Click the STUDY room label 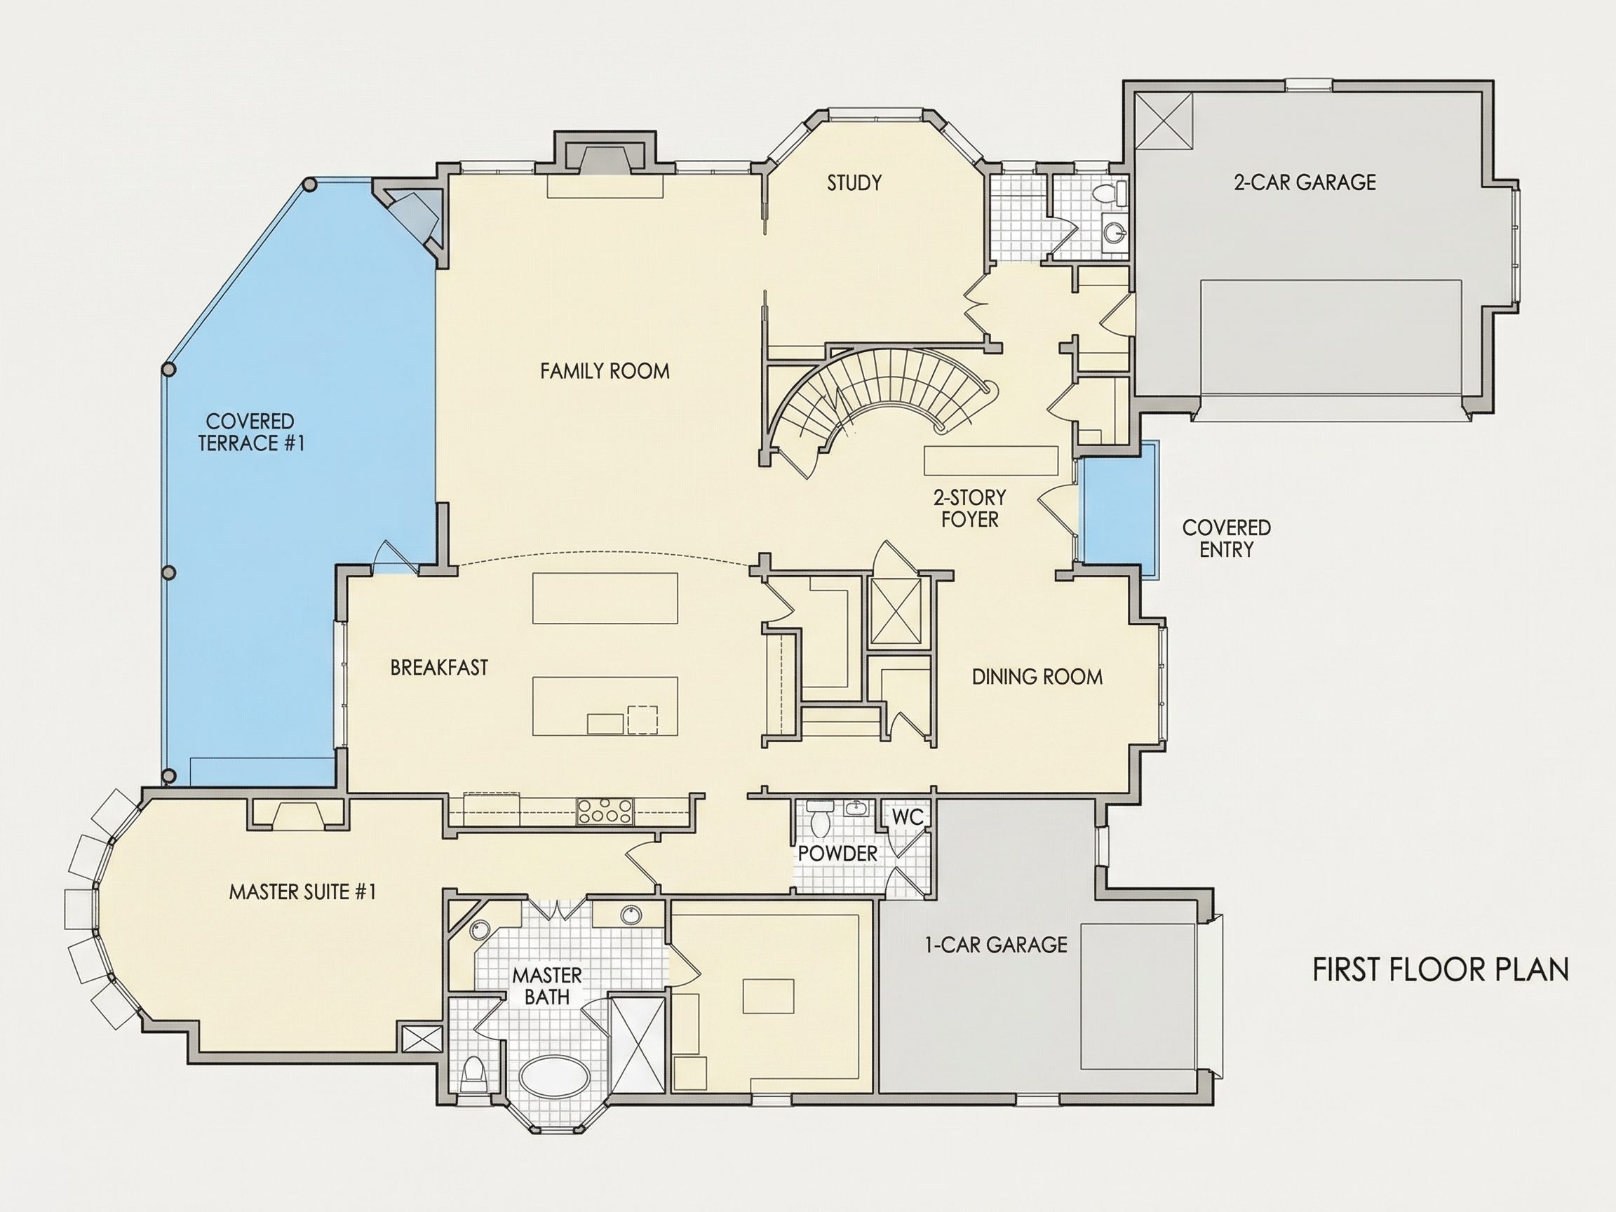point(854,182)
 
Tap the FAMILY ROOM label point(605,371)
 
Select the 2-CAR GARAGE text point(1305,182)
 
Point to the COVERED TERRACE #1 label point(250,432)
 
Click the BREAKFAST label point(439,668)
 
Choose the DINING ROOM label point(1037,677)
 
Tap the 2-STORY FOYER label point(969,509)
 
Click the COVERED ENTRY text point(1227,539)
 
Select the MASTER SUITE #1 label point(302,892)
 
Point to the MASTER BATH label point(547,985)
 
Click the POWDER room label point(837,854)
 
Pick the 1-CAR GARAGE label point(997,945)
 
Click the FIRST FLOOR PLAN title point(1441,969)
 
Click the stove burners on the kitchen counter point(605,811)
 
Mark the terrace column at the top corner point(310,185)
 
